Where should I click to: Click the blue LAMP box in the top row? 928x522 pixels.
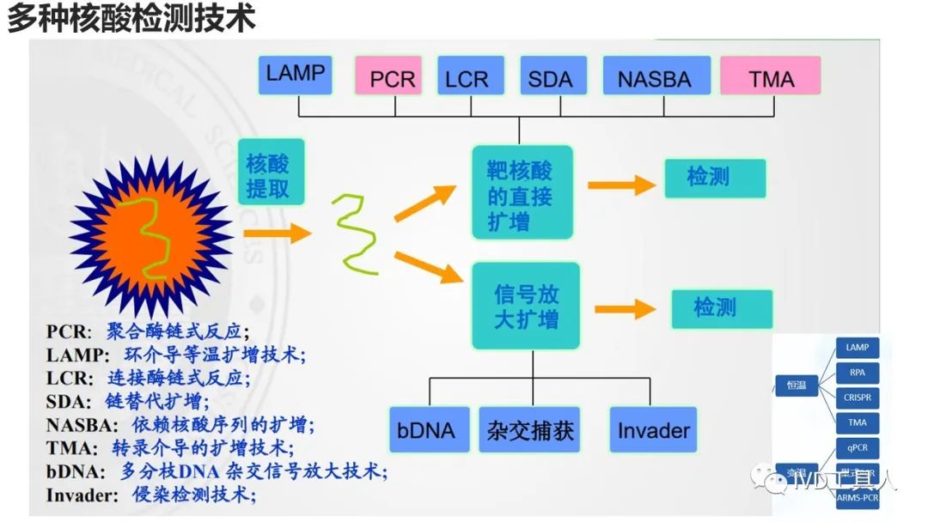[296, 75]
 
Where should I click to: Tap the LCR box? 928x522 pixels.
[466, 78]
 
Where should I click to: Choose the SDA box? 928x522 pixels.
[550, 78]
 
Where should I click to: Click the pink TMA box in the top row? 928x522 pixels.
[770, 78]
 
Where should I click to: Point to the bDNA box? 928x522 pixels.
[426, 429]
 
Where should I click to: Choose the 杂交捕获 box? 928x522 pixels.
[530, 429]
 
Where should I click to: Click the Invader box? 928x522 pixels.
[653, 429]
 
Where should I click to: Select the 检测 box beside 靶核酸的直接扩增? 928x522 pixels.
[714, 178]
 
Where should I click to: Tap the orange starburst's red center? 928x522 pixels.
[147, 233]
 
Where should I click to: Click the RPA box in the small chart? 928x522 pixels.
[857, 373]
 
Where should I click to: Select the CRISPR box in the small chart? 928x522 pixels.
[857, 398]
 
